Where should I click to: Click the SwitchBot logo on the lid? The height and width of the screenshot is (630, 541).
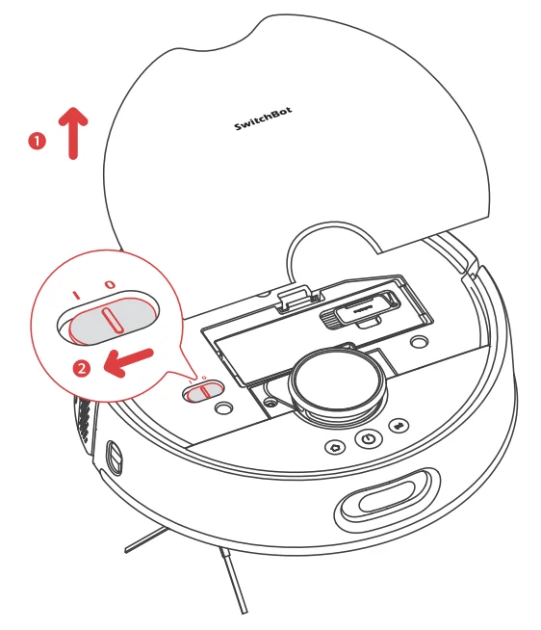pos(263,118)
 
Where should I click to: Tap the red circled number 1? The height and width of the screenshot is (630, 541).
pos(38,142)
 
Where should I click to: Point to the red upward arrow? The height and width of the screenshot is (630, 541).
pos(73,133)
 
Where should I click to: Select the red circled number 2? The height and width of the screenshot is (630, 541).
pos(82,368)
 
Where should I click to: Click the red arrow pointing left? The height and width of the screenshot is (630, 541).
pos(129,362)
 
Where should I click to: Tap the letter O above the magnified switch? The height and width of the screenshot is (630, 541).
pos(110,284)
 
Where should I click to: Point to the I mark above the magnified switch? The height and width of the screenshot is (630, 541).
pos(76,296)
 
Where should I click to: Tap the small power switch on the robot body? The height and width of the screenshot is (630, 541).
pos(203,391)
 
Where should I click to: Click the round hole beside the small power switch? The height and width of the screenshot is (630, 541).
pos(223,408)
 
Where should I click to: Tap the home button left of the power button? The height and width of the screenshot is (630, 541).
pos(335,447)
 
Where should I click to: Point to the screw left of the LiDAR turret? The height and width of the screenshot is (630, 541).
pos(270,402)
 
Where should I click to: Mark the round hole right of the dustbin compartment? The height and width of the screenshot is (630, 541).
pos(419,342)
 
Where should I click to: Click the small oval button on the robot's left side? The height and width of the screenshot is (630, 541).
pos(115,457)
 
